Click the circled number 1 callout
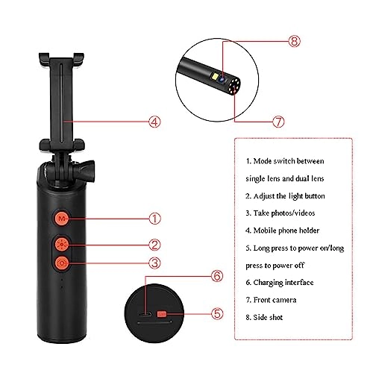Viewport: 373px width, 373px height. pyautogui.click(x=154, y=219)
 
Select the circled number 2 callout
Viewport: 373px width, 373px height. pyautogui.click(x=154, y=244)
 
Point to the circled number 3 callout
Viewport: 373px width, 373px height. pyautogui.click(x=154, y=263)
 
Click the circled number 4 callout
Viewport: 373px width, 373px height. pyautogui.click(x=154, y=119)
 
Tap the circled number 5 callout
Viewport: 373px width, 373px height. pyautogui.click(x=217, y=315)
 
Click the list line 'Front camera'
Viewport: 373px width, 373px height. pyautogui.click(x=277, y=300)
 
